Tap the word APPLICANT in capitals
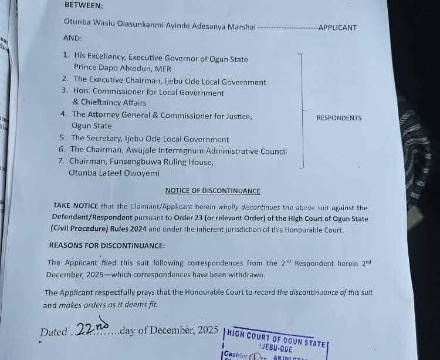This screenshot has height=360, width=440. [337, 28]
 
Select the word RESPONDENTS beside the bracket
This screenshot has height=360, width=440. [339, 118]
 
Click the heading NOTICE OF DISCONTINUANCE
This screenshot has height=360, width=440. [212, 191]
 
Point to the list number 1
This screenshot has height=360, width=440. [65, 55]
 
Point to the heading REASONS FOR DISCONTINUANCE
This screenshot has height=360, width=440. [107, 245]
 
